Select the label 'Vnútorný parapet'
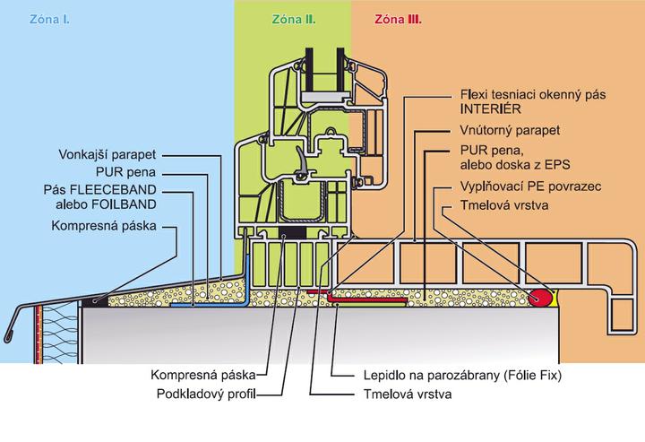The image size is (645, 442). (x=507, y=131)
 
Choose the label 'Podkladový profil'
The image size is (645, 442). (x=204, y=394)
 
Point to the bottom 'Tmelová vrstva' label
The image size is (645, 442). (x=392, y=394)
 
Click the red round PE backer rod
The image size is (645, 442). (x=539, y=297)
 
